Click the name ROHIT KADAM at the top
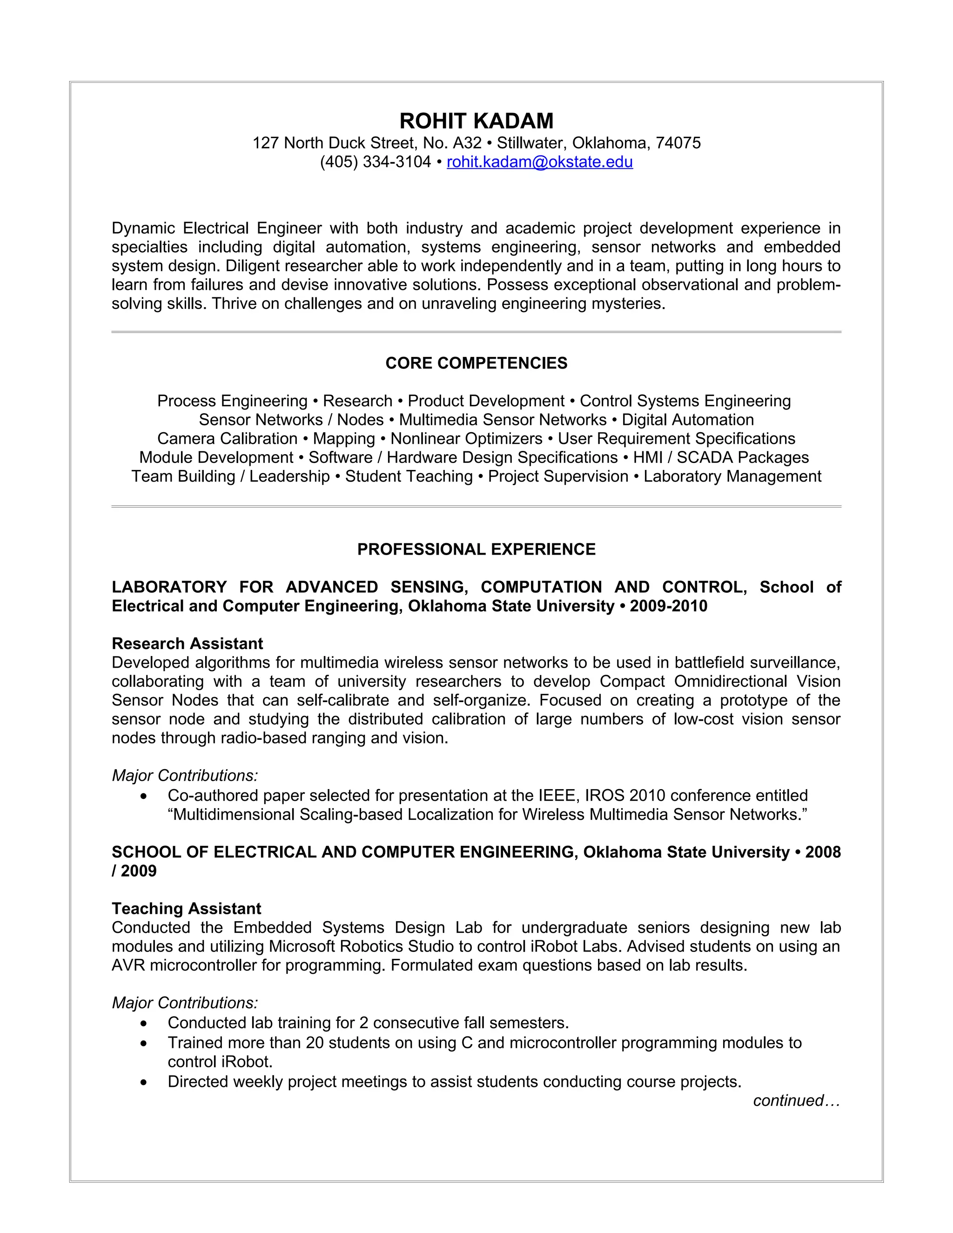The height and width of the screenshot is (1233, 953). coord(476,121)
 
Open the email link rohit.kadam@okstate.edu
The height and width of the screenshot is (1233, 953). coord(539,162)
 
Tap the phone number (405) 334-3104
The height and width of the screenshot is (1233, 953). coord(376,162)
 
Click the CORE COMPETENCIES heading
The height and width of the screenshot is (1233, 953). coord(476,363)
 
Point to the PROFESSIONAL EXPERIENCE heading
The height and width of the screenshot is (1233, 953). coord(476,549)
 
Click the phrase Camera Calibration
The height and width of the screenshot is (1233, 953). coord(227,439)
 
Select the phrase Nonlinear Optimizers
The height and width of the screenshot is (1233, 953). coord(466,439)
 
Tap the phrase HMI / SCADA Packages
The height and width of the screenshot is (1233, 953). coord(720,457)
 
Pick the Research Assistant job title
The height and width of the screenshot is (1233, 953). coord(188,643)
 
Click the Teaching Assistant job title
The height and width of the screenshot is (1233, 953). coord(186,908)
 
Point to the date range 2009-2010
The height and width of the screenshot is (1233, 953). coord(669,606)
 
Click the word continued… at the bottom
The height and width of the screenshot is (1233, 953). coord(796,1100)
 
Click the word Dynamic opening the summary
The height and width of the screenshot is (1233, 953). coord(144,228)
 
